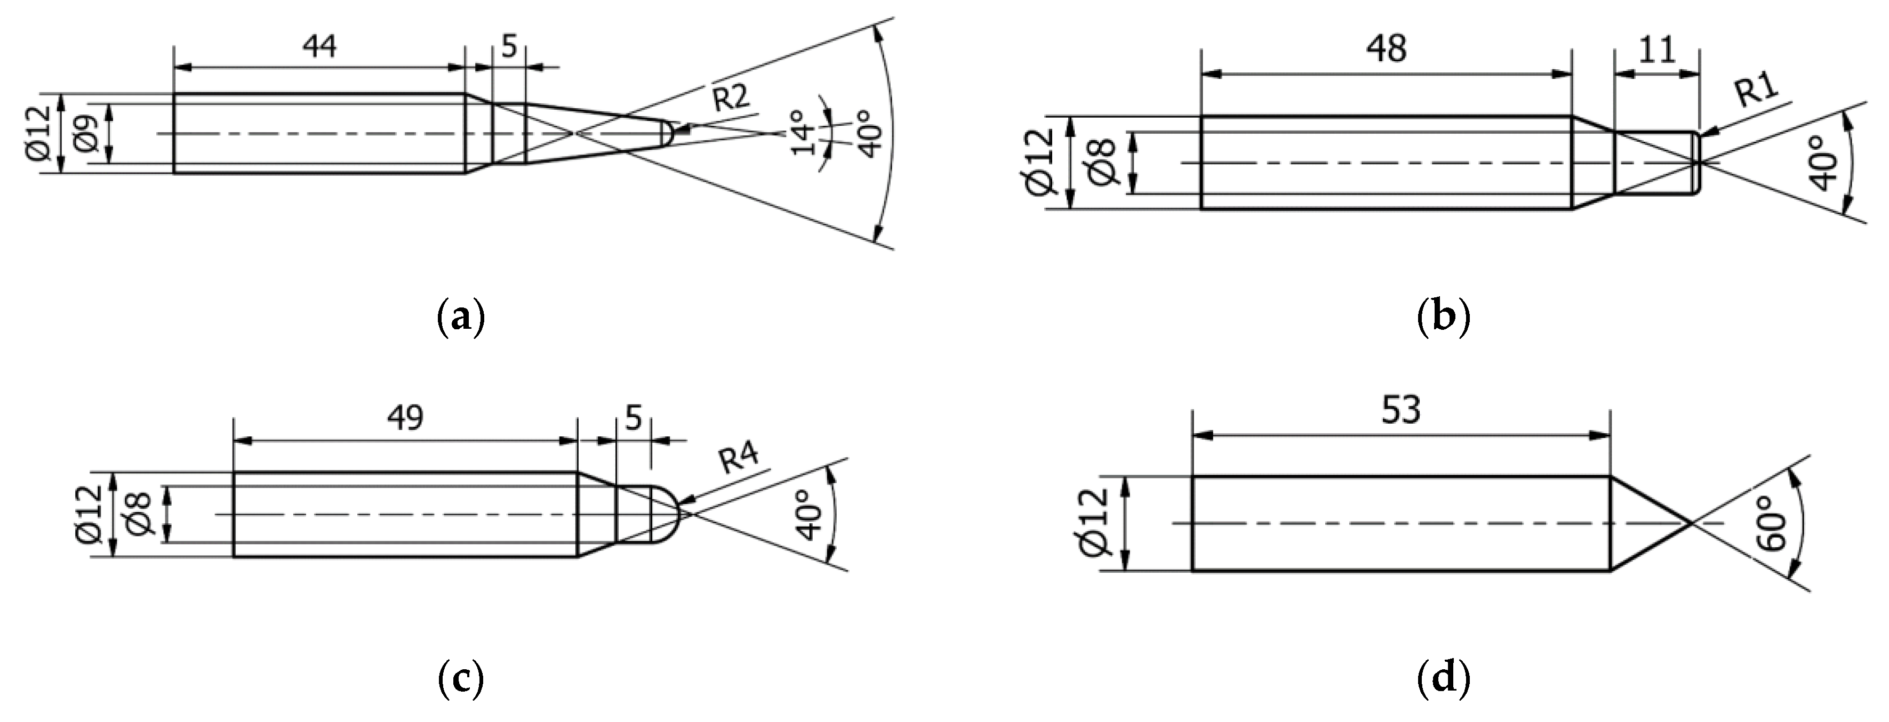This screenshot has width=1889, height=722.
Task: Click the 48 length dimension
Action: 1386,49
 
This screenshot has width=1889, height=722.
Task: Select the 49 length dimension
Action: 405,418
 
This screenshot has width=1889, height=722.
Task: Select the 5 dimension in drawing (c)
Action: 634,419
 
